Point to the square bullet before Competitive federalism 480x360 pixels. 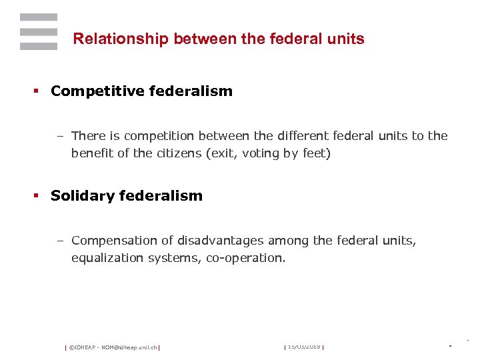[x=38, y=92]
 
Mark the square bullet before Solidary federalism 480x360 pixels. [x=38, y=196]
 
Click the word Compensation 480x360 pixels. [x=112, y=240]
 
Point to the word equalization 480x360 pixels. [x=105, y=257]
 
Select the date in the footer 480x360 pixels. [x=304, y=347]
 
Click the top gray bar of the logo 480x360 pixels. [x=39, y=17]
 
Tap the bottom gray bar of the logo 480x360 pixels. [x=39, y=46]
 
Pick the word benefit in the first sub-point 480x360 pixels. [x=93, y=153]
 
